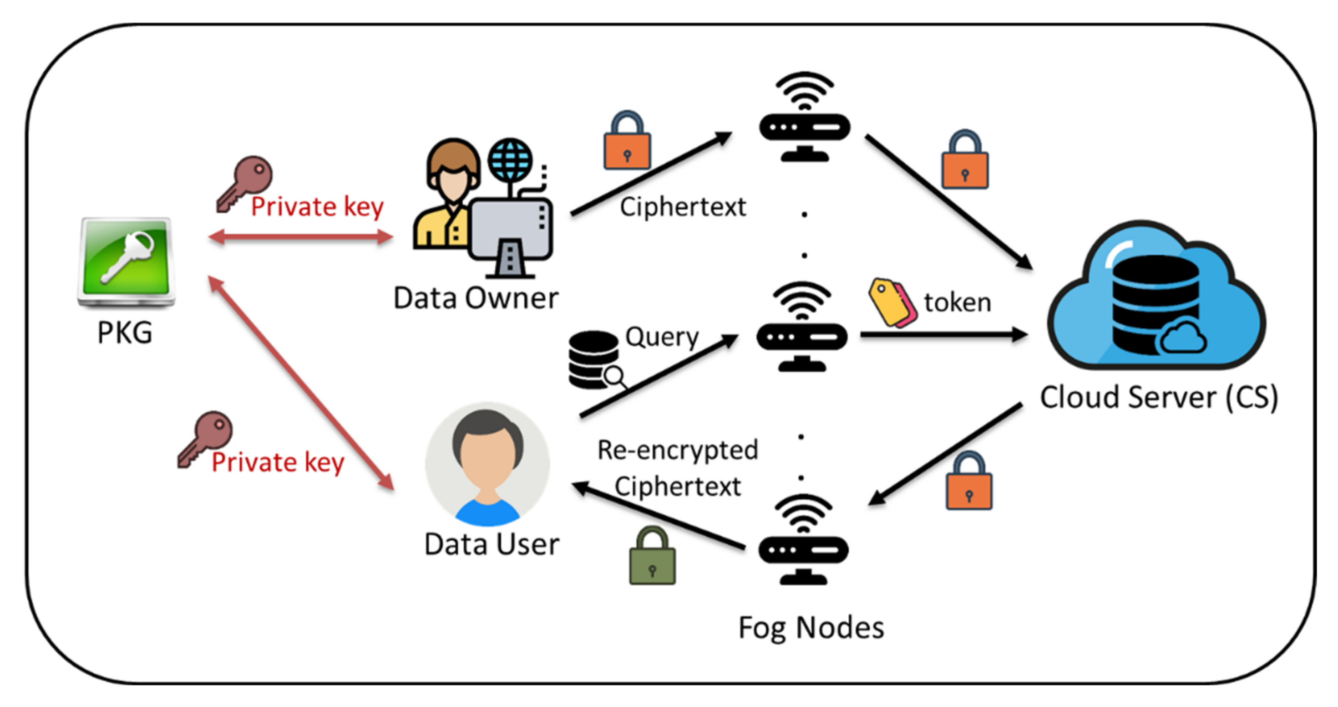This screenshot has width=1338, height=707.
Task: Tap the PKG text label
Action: pos(125,332)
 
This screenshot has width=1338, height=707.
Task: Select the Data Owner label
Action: pos(476,298)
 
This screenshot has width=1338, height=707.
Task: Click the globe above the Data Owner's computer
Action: pos(510,160)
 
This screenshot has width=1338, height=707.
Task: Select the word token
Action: pos(957,302)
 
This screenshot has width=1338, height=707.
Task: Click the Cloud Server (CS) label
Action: pos(1158,398)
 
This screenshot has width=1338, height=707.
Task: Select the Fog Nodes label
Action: pos(811,627)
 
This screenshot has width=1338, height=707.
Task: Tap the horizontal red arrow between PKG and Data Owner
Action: pos(301,238)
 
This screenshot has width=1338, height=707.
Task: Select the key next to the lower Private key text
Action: pos(206,439)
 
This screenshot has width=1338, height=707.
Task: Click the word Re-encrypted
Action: pos(678,450)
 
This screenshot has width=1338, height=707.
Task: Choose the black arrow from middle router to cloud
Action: pos(943,334)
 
